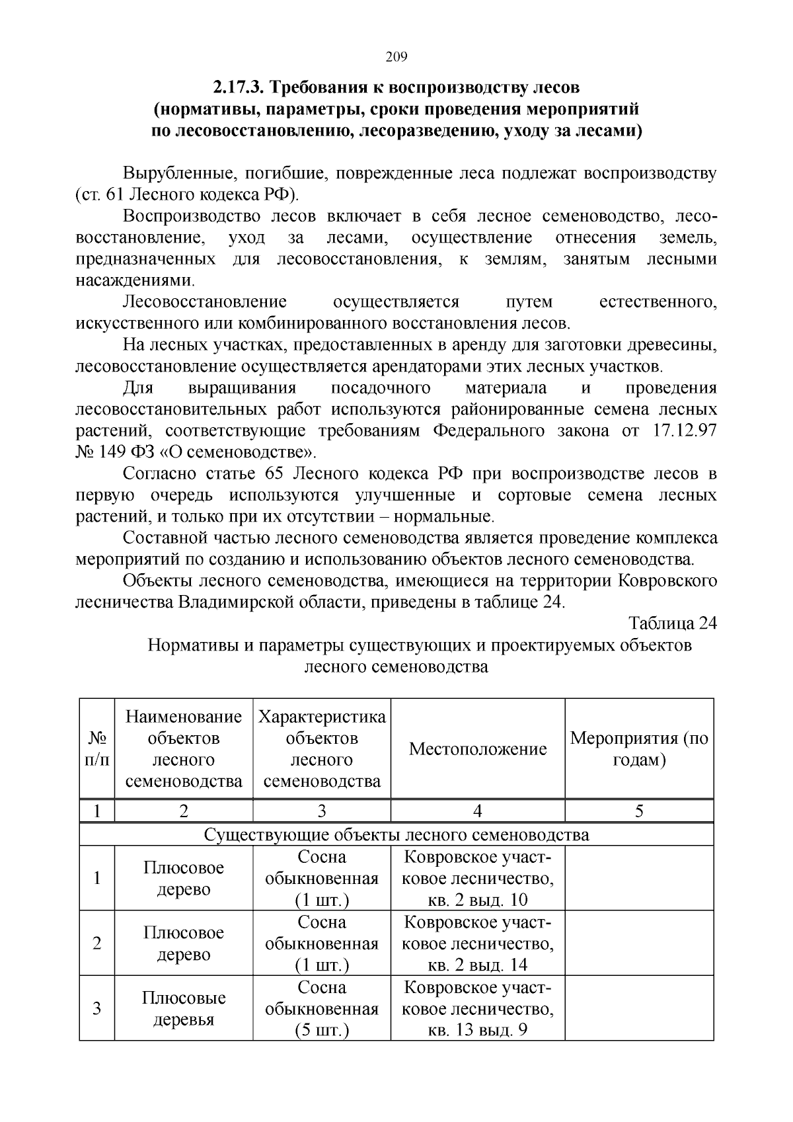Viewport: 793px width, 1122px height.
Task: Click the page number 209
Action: click(396, 57)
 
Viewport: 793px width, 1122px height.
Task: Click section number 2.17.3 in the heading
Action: click(239, 87)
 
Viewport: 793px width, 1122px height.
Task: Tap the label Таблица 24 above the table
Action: click(672, 623)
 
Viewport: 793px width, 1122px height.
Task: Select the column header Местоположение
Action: click(478, 749)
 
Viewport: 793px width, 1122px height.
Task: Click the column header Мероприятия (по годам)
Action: click(639, 749)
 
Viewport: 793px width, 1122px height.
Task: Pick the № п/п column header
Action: click(97, 749)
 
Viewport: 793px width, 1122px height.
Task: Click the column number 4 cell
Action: click(478, 811)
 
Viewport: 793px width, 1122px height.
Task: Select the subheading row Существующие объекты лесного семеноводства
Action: click(397, 835)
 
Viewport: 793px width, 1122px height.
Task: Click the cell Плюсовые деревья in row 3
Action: click(184, 1008)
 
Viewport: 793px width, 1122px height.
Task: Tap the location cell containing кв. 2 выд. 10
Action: click(478, 879)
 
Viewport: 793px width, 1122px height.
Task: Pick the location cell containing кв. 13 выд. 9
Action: click(478, 1009)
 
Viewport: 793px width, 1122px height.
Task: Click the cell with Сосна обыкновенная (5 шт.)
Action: click(322, 1009)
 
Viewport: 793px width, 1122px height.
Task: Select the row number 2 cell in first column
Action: click(97, 943)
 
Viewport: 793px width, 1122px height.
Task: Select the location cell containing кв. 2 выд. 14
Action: click(478, 943)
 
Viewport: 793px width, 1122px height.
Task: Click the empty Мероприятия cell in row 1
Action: click(639, 879)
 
